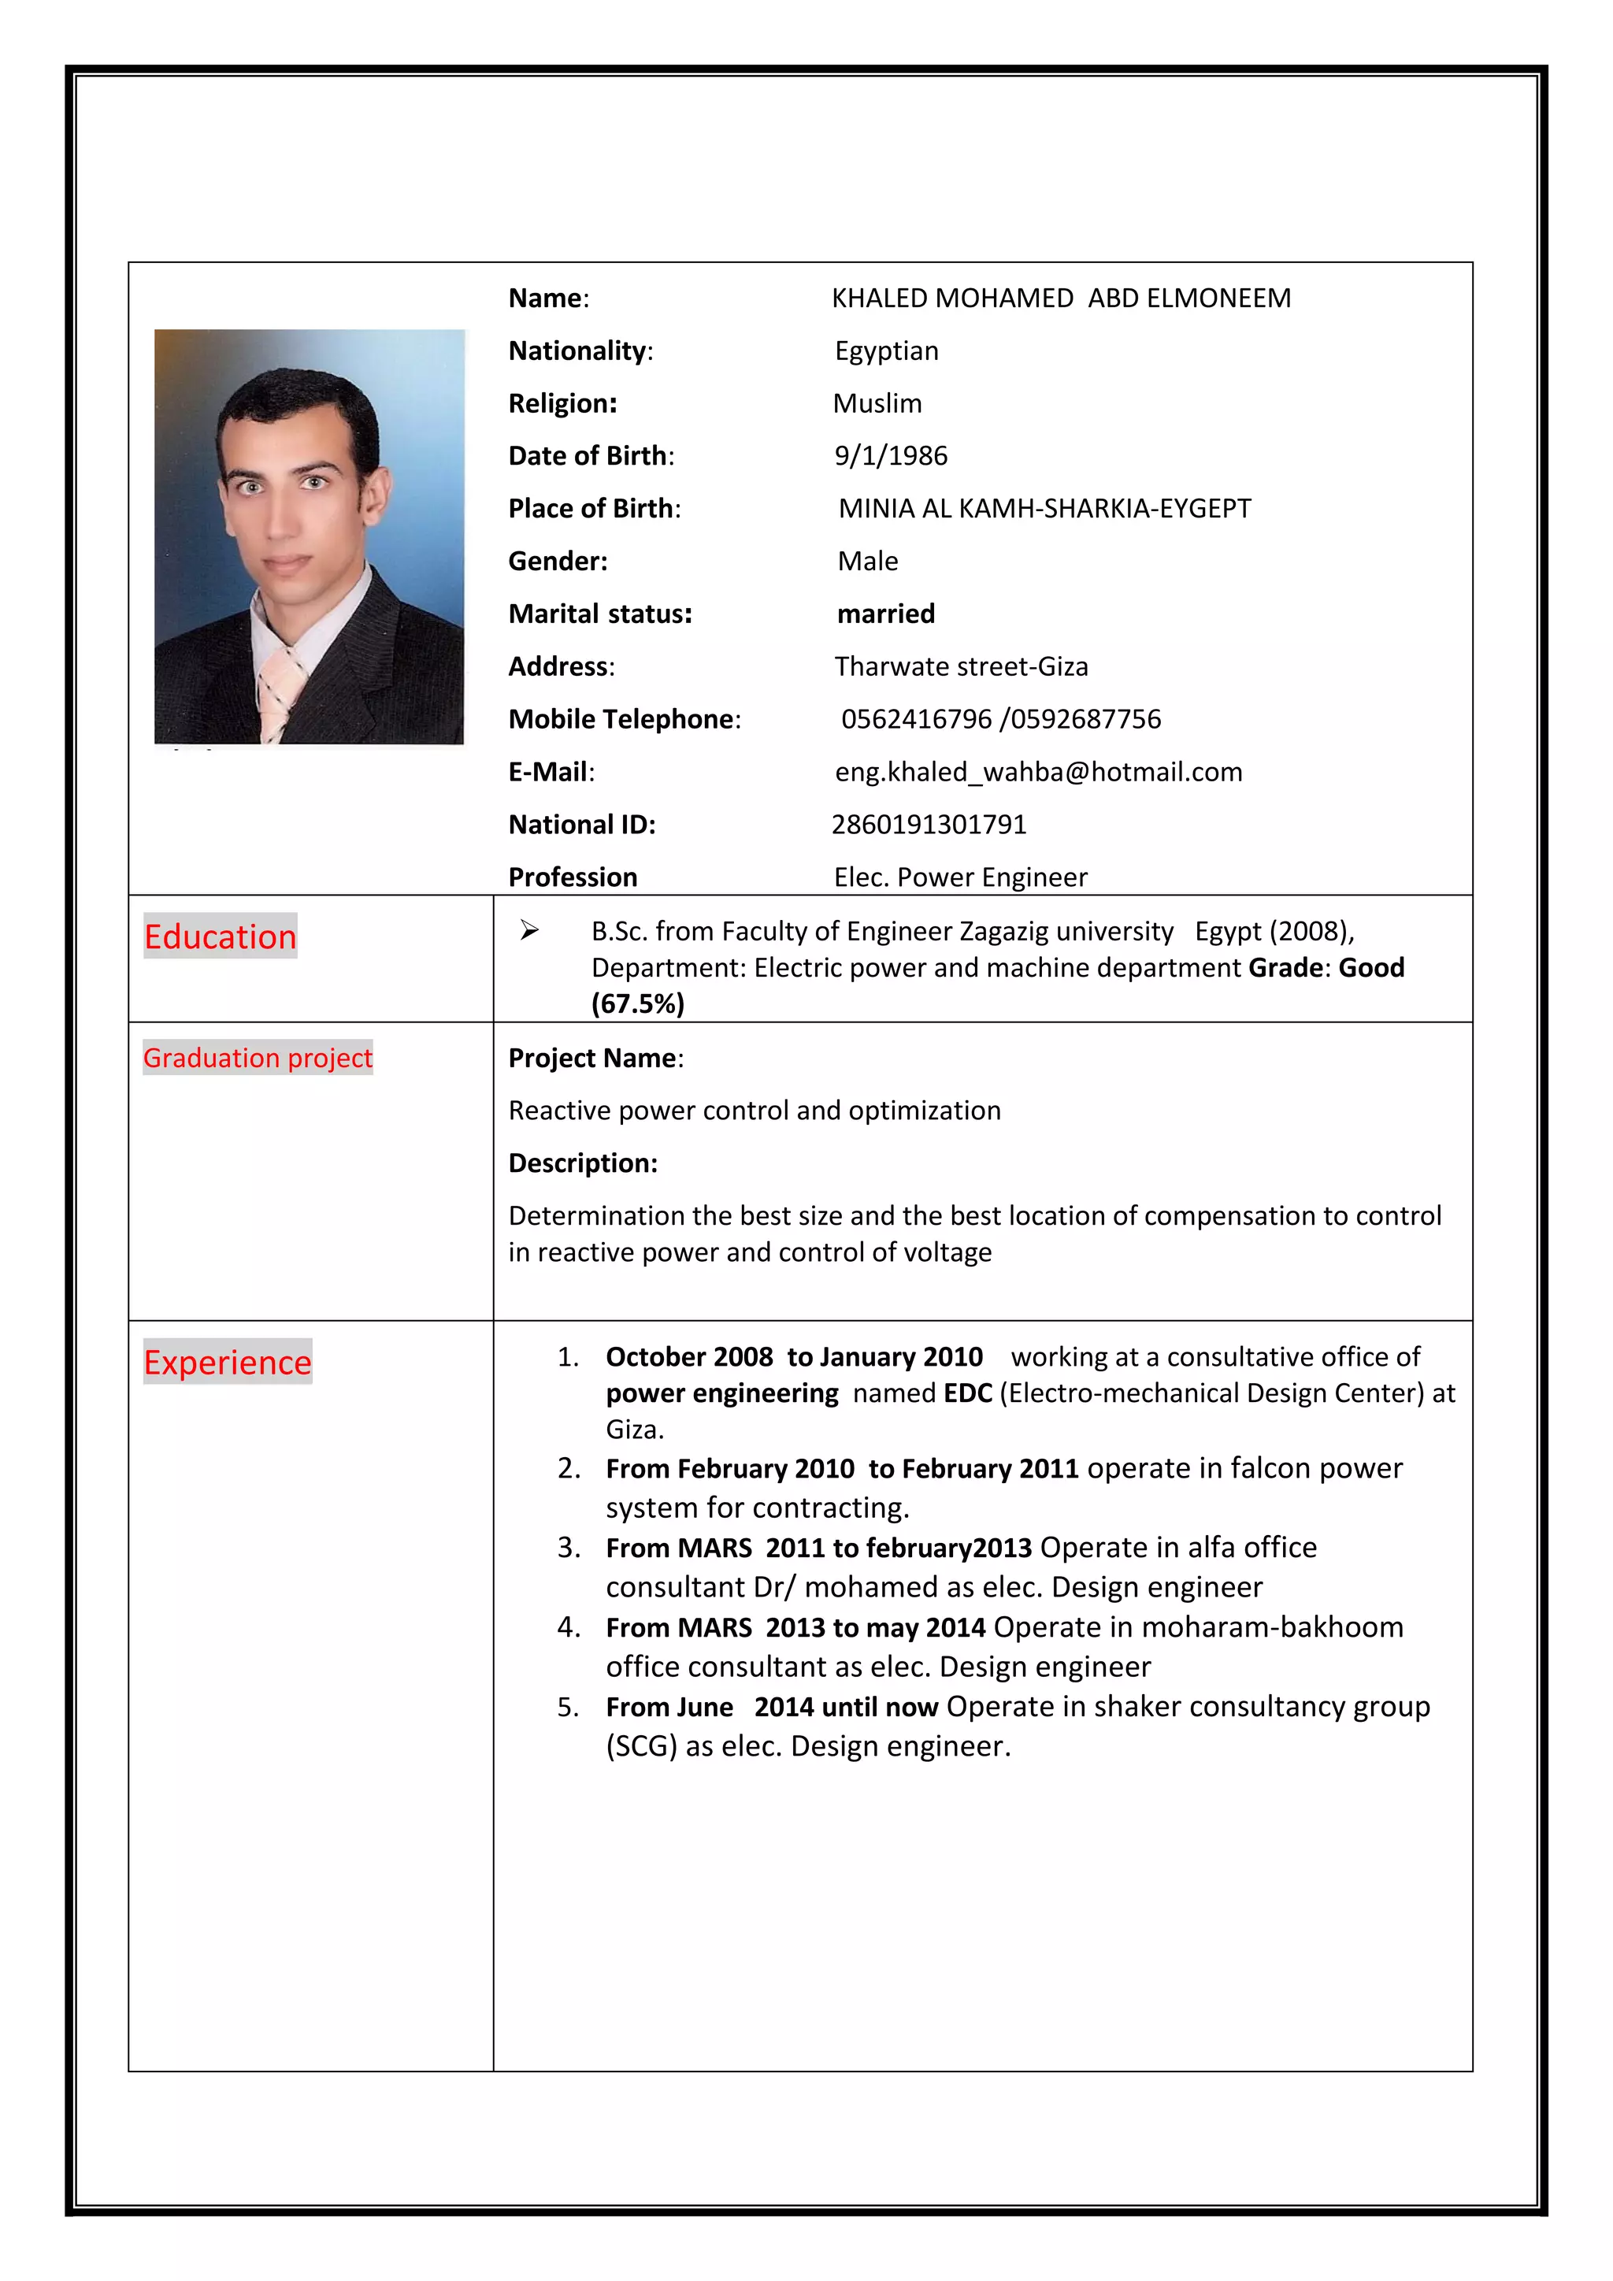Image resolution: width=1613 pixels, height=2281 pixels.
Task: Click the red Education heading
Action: click(220, 937)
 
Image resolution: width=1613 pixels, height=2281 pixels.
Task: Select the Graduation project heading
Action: click(258, 1058)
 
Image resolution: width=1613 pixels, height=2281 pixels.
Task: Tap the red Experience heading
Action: click(228, 1362)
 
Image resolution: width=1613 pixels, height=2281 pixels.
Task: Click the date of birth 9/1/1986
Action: click(890, 456)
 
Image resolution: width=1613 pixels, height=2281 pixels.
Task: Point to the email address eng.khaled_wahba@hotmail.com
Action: click(1038, 772)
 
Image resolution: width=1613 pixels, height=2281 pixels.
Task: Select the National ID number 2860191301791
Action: click(929, 825)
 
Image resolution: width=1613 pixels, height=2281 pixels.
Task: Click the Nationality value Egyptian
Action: click(886, 350)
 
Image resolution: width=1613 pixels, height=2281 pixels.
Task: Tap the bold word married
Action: click(886, 614)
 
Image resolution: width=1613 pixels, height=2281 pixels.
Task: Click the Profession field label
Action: click(573, 877)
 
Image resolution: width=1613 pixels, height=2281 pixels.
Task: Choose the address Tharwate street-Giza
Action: click(960, 666)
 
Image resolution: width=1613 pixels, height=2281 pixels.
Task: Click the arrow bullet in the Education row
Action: click(529, 931)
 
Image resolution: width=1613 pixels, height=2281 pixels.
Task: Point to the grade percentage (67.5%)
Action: click(638, 1003)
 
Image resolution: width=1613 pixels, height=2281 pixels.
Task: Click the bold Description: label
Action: click(583, 1163)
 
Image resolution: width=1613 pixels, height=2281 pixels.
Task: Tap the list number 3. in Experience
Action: click(568, 1548)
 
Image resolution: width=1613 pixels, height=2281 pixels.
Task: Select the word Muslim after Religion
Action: click(877, 403)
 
